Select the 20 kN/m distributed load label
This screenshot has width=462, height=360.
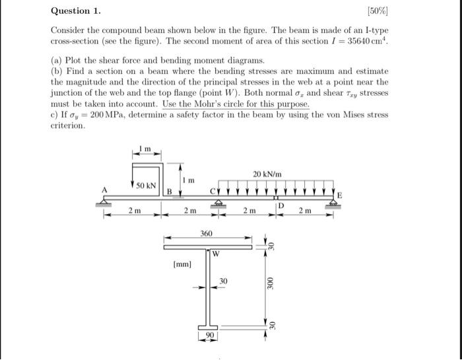(267, 174)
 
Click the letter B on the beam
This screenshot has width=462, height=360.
(168, 192)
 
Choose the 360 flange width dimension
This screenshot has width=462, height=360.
(207, 234)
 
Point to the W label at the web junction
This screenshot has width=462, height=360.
(215, 253)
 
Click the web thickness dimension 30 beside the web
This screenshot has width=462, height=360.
(223, 281)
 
